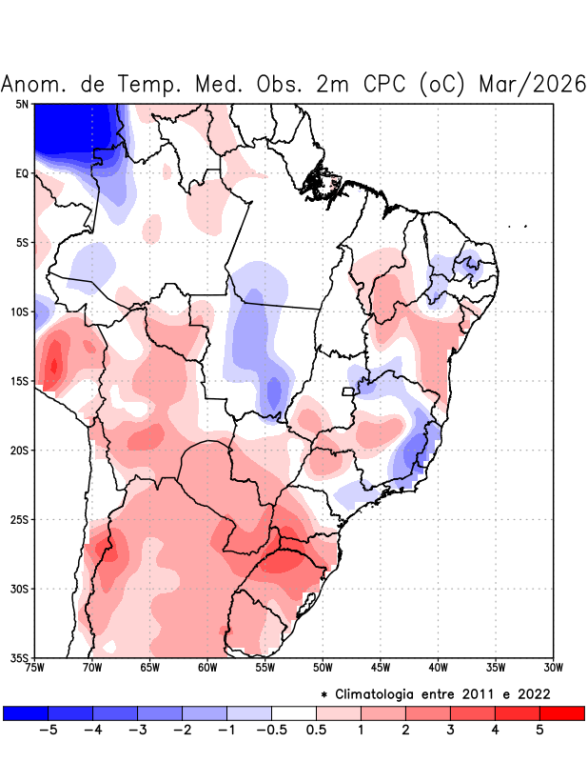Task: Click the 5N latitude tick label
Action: point(22,104)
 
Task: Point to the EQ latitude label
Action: point(22,173)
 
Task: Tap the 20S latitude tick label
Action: point(20,451)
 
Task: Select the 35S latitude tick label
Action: point(20,657)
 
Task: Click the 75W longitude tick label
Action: point(35,668)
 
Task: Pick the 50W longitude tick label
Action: point(323,668)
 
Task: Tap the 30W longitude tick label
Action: point(554,668)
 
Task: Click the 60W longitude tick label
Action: point(207,668)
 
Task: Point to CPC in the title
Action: point(386,84)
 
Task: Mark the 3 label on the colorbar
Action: point(450,731)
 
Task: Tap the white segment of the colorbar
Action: point(293,712)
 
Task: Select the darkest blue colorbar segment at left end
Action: point(26,712)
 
